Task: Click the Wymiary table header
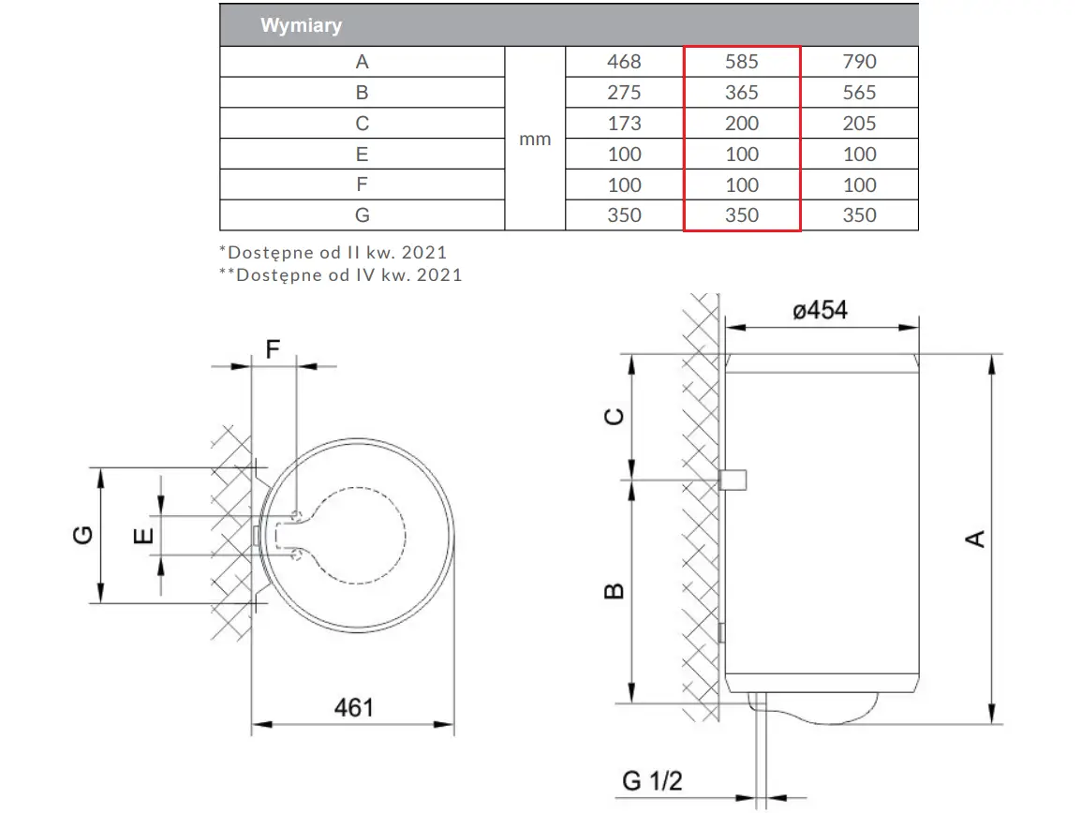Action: click(x=302, y=25)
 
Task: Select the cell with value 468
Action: click(x=624, y=62)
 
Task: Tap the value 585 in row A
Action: click(x=742, y=62)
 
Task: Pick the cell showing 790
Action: click(x=860, y=62)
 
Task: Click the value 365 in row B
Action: click(x=742, y=93)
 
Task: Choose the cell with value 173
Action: click(x=624, y=124)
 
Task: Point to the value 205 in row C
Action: click(x=860, y=124)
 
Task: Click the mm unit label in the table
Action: click(x=535, y=140)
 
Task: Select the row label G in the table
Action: click(x=362, y=215)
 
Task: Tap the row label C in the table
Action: click(x=362, y=124)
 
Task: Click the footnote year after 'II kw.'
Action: click(x=424, y=252)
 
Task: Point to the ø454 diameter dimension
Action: click(x=820, y=310)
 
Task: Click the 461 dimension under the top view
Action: click(x=354, y=707)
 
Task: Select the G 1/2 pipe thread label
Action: click(x=652, y=780)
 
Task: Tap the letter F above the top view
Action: click(x=273, y=349)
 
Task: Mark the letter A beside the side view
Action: click(x=975, y=539)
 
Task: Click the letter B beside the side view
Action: click(x=614, y=591)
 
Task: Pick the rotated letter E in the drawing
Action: click(x=142, y=536)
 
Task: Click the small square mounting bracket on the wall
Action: click(x=733, y=480)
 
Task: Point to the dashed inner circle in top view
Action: click(x=406, y=536)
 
